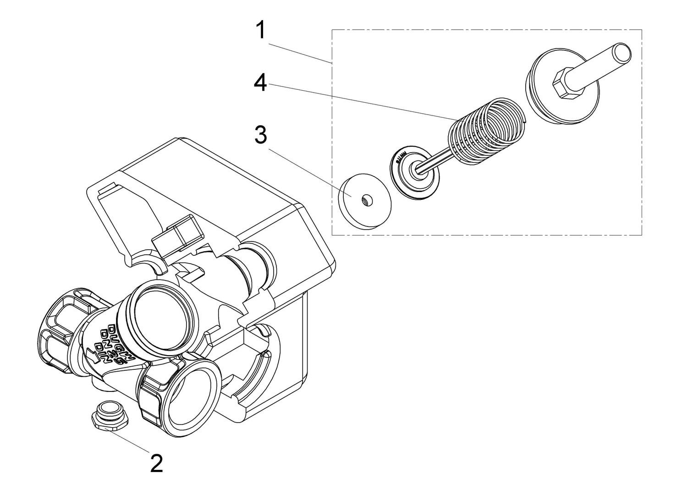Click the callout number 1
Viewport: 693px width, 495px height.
tap(260, 31)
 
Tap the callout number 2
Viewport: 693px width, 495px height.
tap(156, 464)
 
